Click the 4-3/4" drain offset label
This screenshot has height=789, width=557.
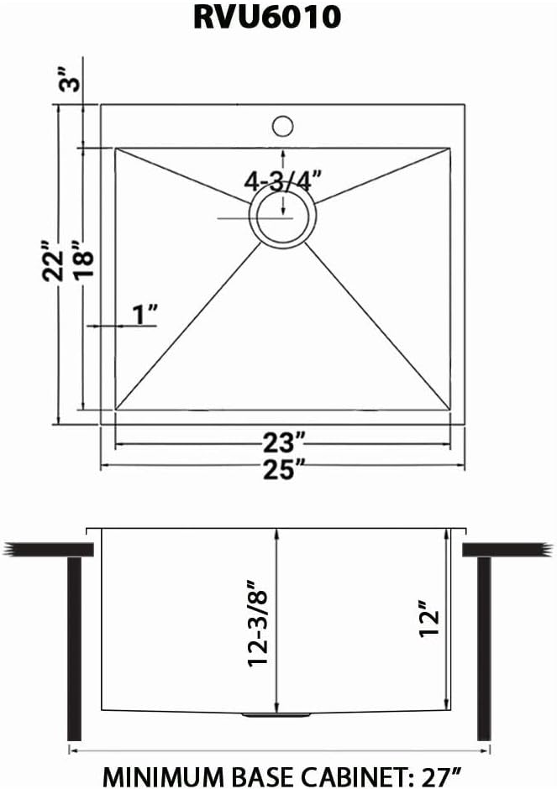coord(283,180)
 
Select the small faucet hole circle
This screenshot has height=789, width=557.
coord(282,127)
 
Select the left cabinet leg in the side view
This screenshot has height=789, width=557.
coord(75,647)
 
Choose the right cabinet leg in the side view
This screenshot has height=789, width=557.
coord(484,647)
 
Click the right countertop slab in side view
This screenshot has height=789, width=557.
coord(509,549)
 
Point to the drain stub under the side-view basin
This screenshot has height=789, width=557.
coord(276,715)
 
